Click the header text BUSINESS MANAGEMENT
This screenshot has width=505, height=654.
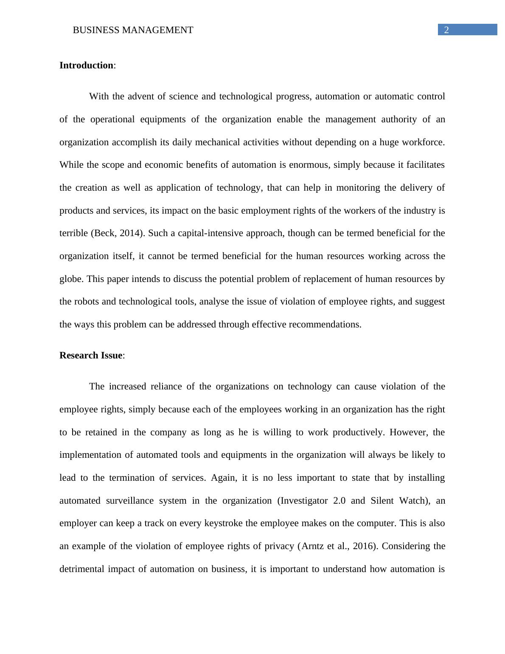click(x=133, y=30)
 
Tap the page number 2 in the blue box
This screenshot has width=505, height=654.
click(x=446, y=30)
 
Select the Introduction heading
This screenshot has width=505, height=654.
click(x=87, y=65)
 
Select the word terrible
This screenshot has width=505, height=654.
click(x=74, y=233)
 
